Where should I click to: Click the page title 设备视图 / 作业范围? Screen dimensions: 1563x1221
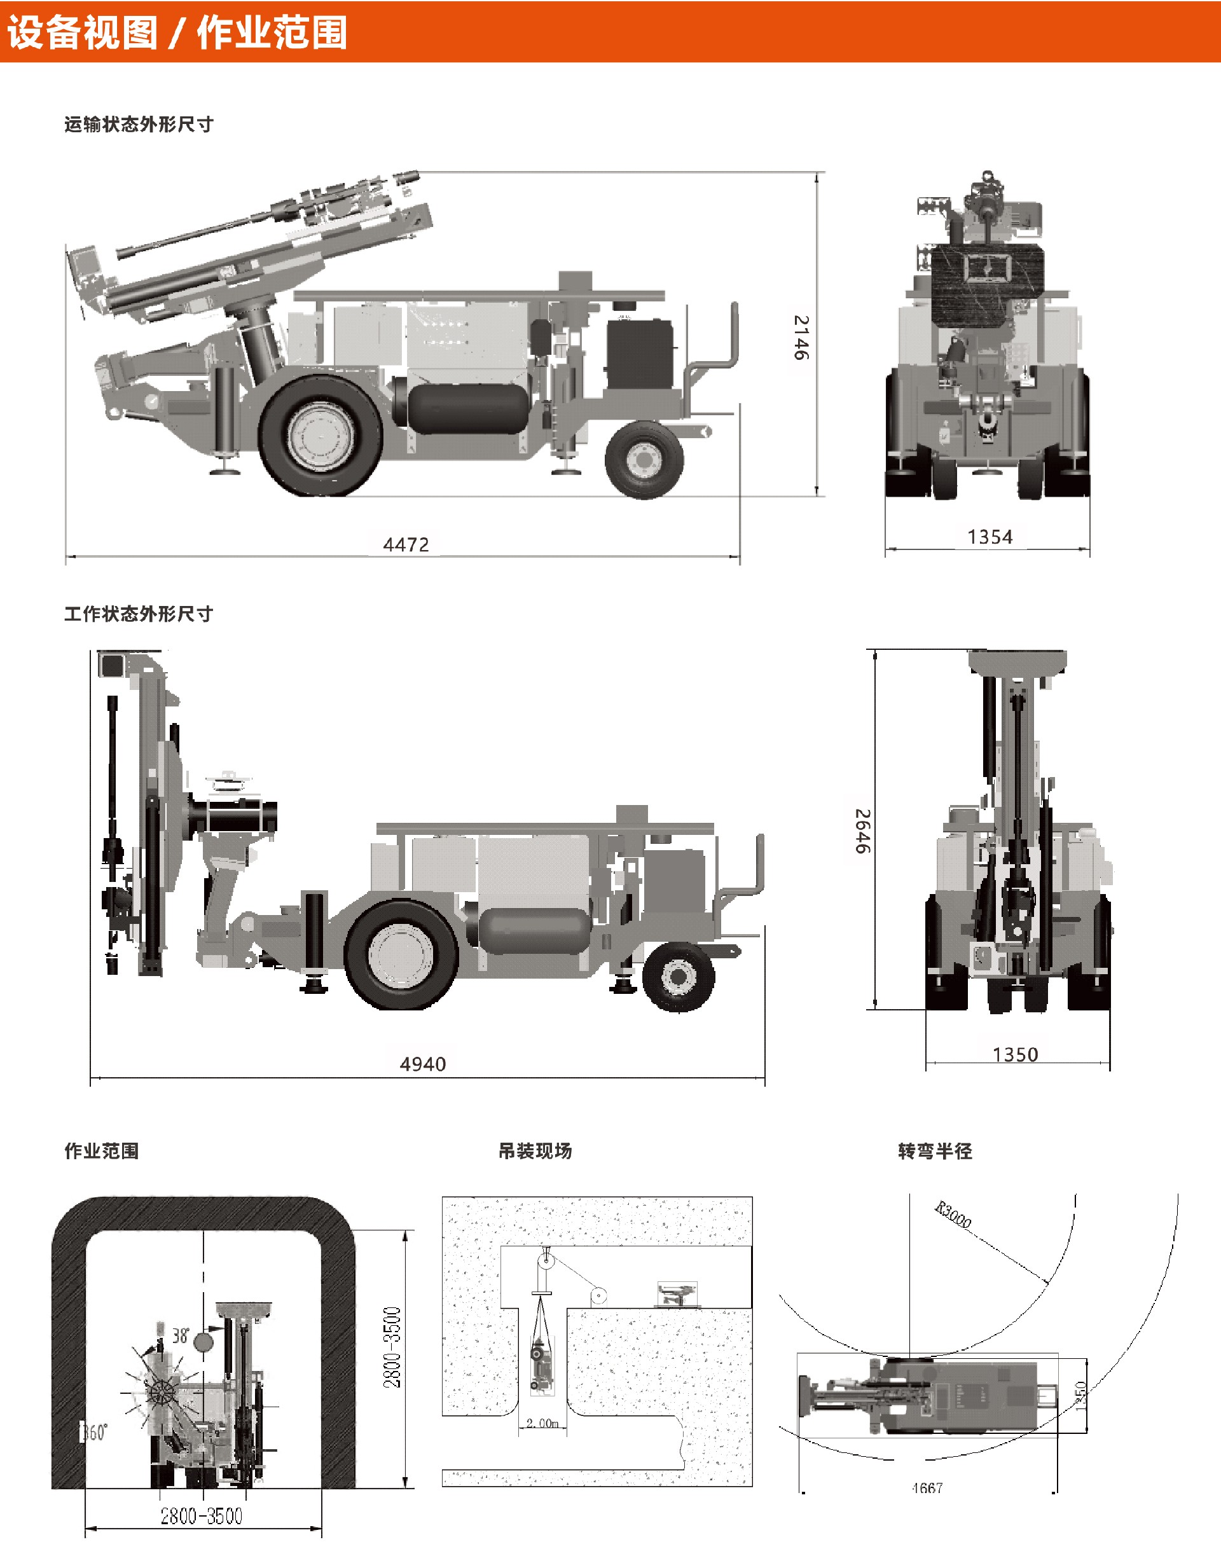[x=177, y=32]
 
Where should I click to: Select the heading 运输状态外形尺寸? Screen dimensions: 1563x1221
[x=139, y=125]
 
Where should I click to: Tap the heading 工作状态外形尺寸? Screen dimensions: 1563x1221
[x=139, y=614]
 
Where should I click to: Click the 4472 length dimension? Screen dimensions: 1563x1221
[x=406, y=544]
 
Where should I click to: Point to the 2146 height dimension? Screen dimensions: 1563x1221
[x=801, y=337]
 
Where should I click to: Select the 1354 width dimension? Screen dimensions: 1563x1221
[x=990, y=537]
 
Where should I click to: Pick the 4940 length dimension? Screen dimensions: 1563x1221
[x=422, y=1064]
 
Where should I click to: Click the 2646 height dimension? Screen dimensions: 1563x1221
[x=862, y=831]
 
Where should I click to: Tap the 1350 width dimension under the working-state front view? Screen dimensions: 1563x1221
[x=1015, y=1054]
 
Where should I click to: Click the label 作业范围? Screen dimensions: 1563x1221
[x=102, y=1151]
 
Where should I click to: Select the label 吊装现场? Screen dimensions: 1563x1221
[x=535, y=1151]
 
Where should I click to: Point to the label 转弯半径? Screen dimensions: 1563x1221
[x=935, y=1151]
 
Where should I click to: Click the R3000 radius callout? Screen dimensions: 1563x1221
[x=953, y=1215]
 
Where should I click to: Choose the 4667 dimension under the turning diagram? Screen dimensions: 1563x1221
[x=928, y=1488]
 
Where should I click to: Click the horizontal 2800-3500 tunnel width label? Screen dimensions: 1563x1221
[x=202, y=1516]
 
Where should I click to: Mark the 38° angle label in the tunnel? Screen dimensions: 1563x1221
[x=181, y=1335]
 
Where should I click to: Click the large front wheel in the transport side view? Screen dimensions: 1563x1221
[x=320, y=435]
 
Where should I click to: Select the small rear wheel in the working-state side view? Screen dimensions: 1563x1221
[x=678, y=976]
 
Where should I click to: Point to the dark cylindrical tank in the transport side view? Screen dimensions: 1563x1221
[x=469, y=409]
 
